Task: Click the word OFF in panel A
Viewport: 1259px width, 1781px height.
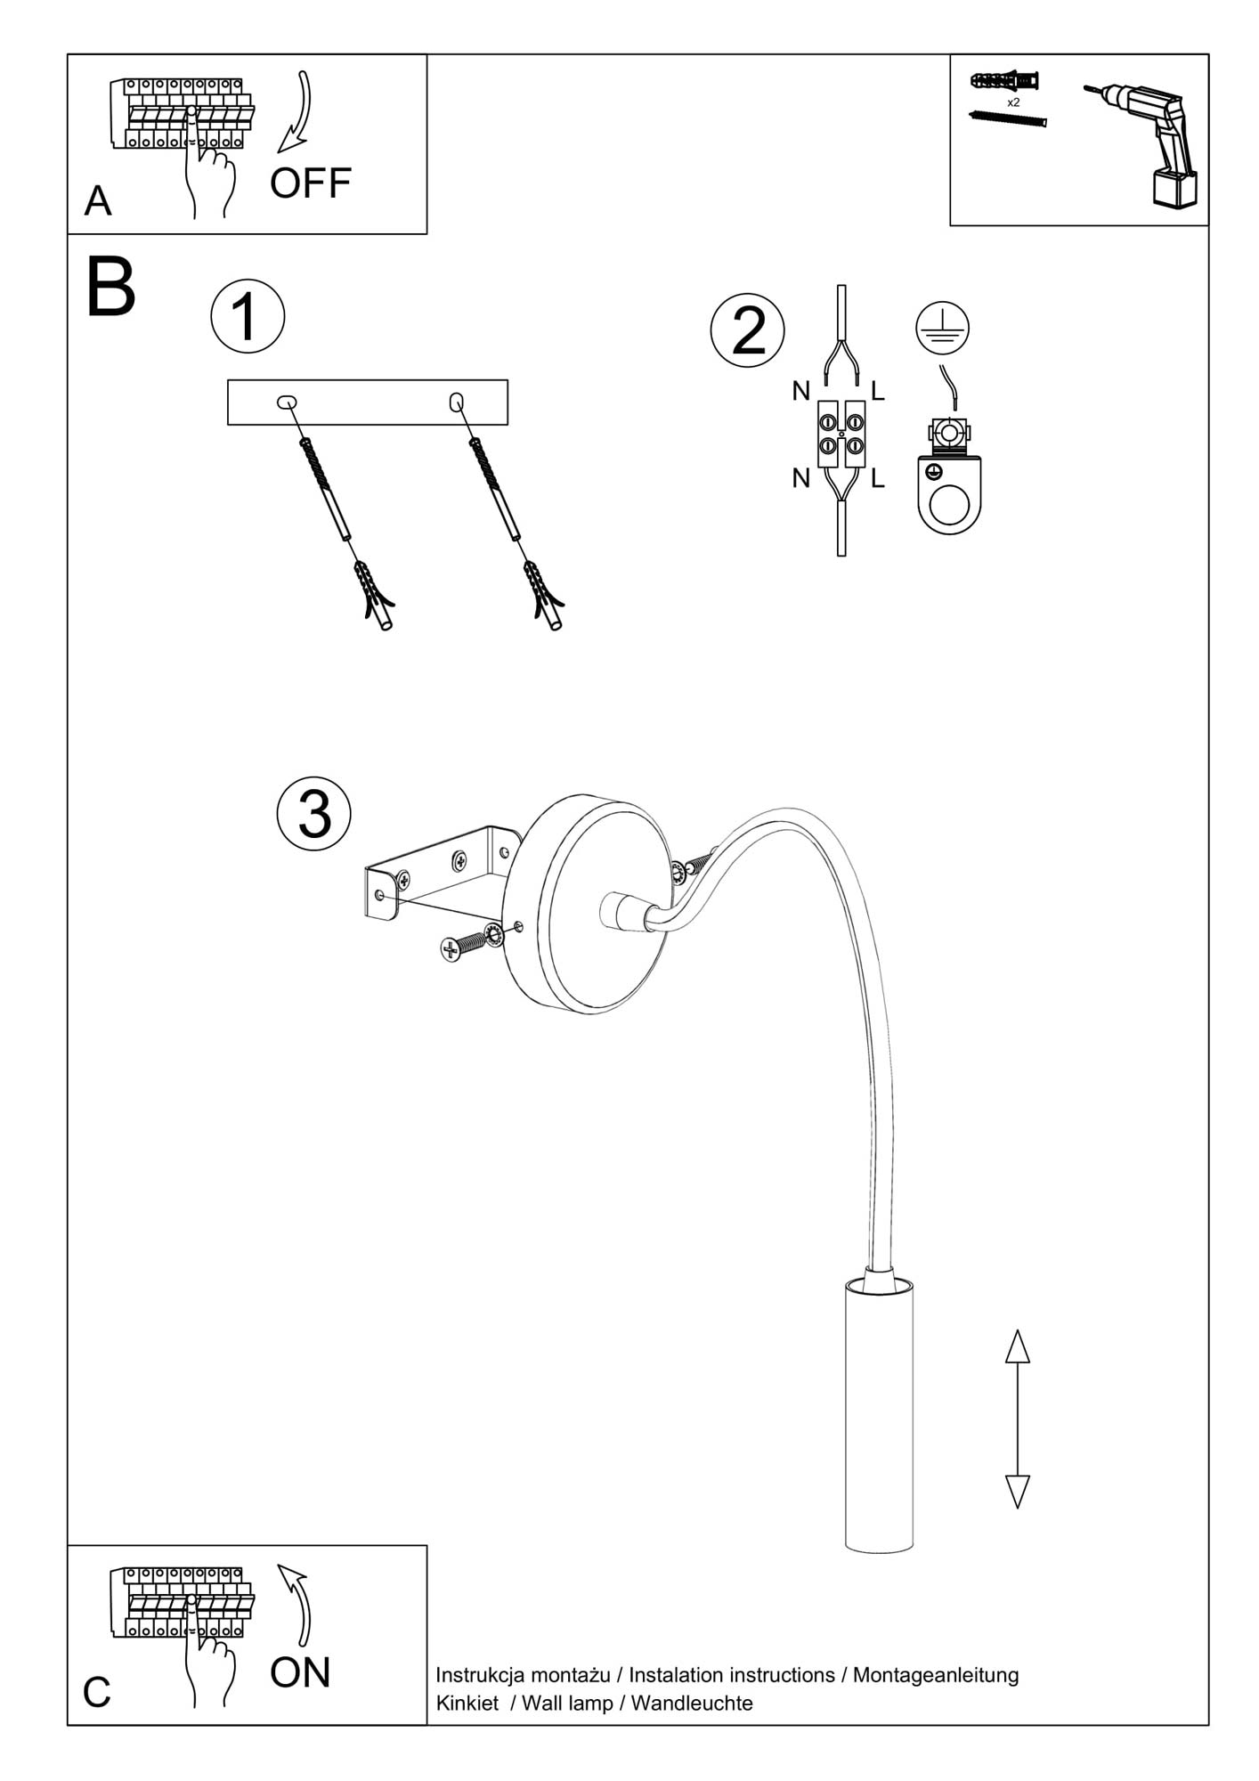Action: pyautogui.click(x=310, y=183)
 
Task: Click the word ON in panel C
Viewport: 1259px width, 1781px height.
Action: pyautogui.click(x=300, y=1672)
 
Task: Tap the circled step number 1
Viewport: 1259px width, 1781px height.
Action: pyautogui.click(x=248, y=317)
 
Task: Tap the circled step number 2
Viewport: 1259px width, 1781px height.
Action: pyautogui.click(x=748, y=330)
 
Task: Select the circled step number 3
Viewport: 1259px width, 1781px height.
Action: pyautogui.click(x=314, y=814)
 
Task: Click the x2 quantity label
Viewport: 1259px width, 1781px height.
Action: pyautogui.click(x=1013, y=103)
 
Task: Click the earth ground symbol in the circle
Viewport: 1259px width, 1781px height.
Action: pyautogui.click(x=942, y=327)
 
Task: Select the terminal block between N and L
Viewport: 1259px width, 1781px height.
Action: pyautogui.click(x=841, y=434)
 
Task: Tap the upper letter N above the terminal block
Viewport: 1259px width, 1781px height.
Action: pyautogui.click(x=801, y=391)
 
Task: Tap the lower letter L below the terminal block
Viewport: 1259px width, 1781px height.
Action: pyautogui.click(x=878, y=479)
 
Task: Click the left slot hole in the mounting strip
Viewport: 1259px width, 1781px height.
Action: pyautogui.click(x=287, y=403)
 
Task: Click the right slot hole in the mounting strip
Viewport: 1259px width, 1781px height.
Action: pyautogui.click(x=456, y=403)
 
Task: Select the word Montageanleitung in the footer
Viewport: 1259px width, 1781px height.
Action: pyautogui.click(x=935, y=1675)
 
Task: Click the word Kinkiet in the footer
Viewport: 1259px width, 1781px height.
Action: pyautogui.click(x=467, y=1703)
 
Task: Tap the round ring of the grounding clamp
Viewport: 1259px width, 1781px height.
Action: pyautogui.click(x=949, y=506)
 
